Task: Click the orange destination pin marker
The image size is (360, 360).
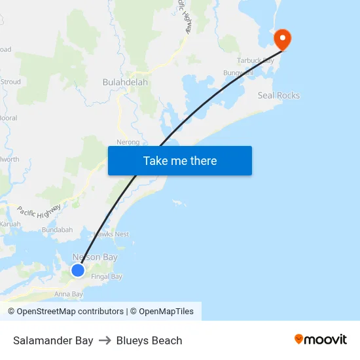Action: (x=283, y=39)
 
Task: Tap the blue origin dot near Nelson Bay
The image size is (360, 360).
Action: (x=78, y=270)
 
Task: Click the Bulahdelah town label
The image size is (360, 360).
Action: (x=126, y=82)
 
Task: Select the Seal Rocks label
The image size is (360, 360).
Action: (x=278, y=96)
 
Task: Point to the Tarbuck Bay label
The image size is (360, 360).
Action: (x=256, y=61)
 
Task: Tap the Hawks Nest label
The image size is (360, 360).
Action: (x=111, y=234)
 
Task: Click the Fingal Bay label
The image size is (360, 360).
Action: (x=107, y=276)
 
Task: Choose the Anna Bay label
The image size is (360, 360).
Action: (x=69, y=294)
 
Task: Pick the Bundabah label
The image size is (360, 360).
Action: (x=57, y=230)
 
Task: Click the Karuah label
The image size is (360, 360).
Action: (x=10, y=224)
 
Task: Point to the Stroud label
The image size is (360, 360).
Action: (x=10, y=82)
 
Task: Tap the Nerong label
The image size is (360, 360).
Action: (x=128, y=142)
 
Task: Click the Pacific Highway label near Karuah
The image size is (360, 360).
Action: (x=39, y=211)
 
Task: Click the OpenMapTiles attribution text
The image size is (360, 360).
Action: (x=166, y=312)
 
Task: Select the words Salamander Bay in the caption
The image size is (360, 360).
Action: (x=53, y=340)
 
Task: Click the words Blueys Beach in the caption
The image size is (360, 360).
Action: (x=149, y=340)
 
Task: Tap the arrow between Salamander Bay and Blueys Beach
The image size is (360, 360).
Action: (x=105, y=340)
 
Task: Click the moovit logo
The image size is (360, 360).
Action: (x=321, y=339)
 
